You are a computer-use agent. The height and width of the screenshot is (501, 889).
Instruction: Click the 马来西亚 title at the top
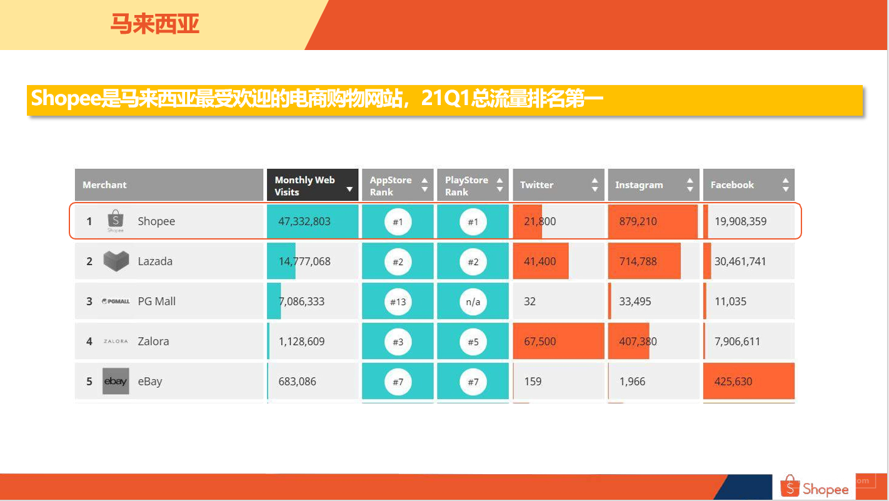pos(155,24)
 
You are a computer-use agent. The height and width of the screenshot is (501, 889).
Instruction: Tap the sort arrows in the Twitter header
pos(595,185)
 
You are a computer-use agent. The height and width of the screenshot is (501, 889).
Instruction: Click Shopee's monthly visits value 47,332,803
pos(304,221)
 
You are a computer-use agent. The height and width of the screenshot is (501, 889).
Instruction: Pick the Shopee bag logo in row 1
pos(116,220)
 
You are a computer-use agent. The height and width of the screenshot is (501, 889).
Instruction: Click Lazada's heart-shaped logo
pos(116,261)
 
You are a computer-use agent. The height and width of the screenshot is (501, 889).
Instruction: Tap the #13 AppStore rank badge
pos(398,301)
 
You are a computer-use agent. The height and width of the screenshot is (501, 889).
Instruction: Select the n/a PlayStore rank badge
pos(473,301)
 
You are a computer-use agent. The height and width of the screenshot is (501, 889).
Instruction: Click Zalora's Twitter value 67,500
pos(540,342)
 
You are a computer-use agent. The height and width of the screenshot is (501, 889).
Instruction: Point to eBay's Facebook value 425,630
pos(733,382)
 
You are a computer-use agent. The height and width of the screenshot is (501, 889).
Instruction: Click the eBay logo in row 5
pos(116,381)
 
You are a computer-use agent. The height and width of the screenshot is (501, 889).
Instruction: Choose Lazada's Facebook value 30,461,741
pos(740,261)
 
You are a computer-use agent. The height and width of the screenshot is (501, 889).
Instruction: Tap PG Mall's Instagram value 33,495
pos(635,301)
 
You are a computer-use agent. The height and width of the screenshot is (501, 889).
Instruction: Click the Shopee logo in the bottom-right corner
pos(814,487)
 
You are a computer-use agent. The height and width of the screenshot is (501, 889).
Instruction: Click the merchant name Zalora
pos(153,342)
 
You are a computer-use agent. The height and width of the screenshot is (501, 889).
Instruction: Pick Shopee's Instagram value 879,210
pos(638,221)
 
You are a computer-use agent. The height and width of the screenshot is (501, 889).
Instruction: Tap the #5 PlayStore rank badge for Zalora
pos(473,342)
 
